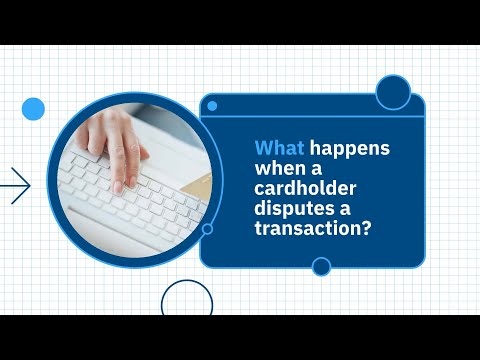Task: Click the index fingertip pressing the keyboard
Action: click(x=118, y=186)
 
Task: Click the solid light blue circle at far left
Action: click(x=33, y=109)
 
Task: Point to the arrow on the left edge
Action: click(x=16, y=185)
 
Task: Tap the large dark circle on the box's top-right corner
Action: click(x=392, y=93)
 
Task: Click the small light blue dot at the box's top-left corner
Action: click(x=211, y=105)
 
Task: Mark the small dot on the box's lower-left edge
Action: click(x=207, y=228)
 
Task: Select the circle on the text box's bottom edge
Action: click(x=321, y=266)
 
